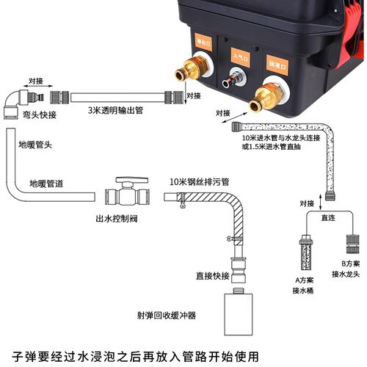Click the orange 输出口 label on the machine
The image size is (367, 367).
coord(203,42)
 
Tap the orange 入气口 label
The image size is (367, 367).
coord(240,57)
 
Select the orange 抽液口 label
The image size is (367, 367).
coord(277,65)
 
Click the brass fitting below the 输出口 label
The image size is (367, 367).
coord(192,69)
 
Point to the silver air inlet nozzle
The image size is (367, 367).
coord(233,79)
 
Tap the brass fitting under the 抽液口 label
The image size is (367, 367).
coord(267,97)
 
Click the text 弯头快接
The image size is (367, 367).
coord(40,115)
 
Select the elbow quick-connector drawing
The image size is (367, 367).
coord(23,104)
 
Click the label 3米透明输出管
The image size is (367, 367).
coord(115,110)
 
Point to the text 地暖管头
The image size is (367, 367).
coord(35,145)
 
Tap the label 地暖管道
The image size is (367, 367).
coord(46,183)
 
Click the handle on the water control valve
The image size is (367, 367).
coord(132,181)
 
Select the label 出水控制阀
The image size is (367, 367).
coord(117,219)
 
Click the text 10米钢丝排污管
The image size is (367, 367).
coord(200,182)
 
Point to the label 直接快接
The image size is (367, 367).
coord(213,276)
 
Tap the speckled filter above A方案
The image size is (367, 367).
coord(306,253)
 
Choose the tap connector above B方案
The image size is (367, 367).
coord(352,244)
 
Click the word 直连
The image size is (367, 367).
coord(328,217)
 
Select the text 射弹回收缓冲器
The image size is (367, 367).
coord(167,316)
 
